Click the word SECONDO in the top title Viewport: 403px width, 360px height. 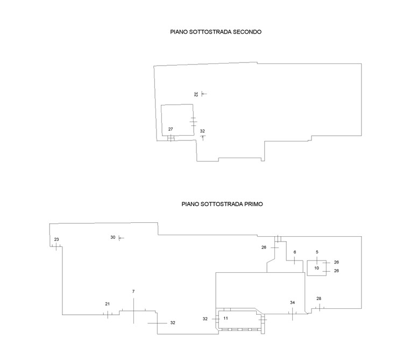[x=244, y=32]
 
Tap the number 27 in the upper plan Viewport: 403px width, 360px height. [x=171, y=129]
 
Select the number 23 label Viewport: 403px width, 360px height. [x=56, y=239]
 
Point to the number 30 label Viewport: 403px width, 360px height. [x=113, y=237]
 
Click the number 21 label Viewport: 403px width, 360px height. [x=107, y=304]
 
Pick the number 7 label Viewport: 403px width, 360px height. [x=133, y=291]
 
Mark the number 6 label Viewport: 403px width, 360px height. [x=295, y=252]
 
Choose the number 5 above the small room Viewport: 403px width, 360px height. [x=317, y=252]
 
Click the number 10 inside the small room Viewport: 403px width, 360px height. [x=317, y=267]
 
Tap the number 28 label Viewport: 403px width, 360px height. [x=319, y=298]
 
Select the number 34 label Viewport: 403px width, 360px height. [x=292, y=302]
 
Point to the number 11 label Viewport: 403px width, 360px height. [x=226, y=318]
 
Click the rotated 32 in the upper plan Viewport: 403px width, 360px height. [x=196, y=94]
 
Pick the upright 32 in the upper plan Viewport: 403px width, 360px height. [x=202, y=131]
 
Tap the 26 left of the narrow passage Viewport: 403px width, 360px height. [x=264, y=248]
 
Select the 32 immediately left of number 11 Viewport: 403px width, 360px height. [x=205, y=319]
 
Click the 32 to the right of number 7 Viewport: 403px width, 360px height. [x=173, y=322]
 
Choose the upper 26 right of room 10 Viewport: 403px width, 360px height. [x=336, y=262]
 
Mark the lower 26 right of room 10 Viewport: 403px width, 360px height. [x=336, y=271]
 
